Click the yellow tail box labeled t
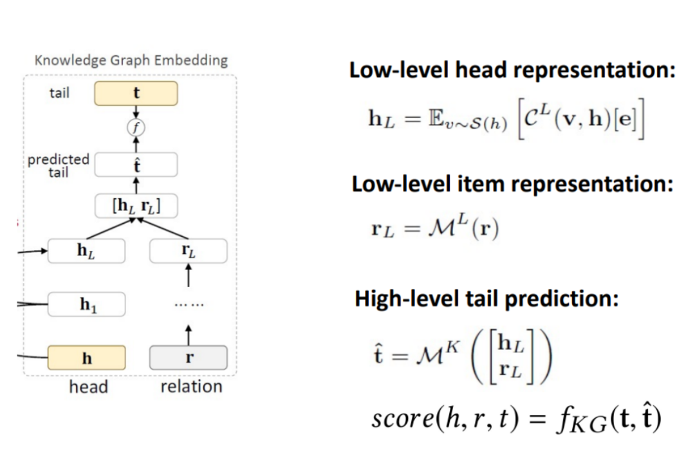[136, 94]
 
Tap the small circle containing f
[136, 127]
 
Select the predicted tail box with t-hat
[136, 165]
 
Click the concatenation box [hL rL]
[136, 206]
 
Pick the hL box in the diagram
[86, 251]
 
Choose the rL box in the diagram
[188, 251]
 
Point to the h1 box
[86, 304]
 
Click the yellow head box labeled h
[86, 358]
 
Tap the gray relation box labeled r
[188, 358]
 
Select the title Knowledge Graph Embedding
[131, 60]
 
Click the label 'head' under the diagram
[88, 387]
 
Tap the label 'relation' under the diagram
[191, 387]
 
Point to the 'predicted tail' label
[58, 165]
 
